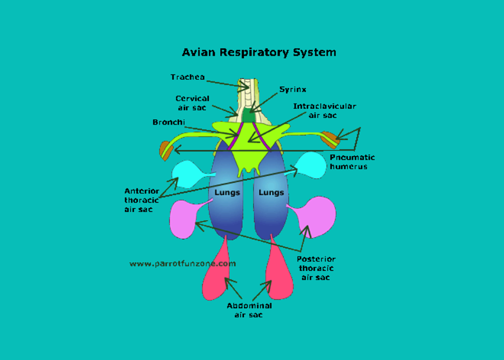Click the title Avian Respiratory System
pos(259,52)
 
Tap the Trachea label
pos(187,77)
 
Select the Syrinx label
pos(293,90)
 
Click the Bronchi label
pos(168,122)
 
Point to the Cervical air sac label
pos(192,103)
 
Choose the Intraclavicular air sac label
pos(324,110)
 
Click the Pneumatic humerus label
pos(352,162)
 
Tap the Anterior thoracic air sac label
pos(141,200)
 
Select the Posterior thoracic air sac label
pos(316,268)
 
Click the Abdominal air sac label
pos(249,310)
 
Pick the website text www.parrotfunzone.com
pos(183,263)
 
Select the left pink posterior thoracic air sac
pos(182,220)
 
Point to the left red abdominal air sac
pos(216,281)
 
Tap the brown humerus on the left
pos(165,150)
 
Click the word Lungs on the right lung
pos(271,192)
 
